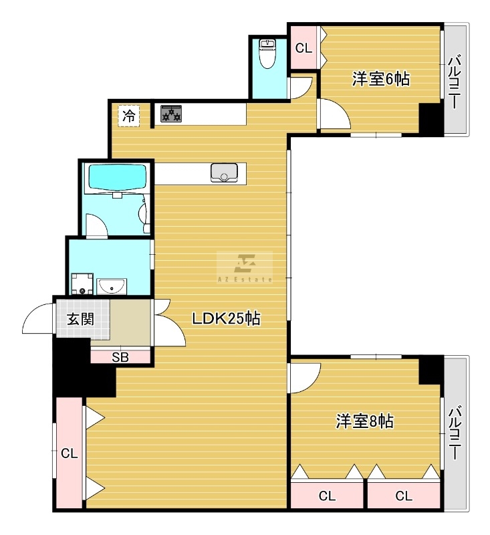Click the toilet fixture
point(267,53)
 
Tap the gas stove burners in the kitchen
point(171,114)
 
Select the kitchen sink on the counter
point(224,173)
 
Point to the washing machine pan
point(82,284)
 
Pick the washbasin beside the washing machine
point(112,286)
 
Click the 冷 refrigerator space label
point(129,116)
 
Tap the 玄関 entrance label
point(80,320)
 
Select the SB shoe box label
point(120,357)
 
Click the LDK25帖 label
point(226,319)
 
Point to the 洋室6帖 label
point(381,79)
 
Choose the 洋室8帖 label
point(364,421)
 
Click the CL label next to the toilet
point(303,48)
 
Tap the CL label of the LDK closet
point(70,453)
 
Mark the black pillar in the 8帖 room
point(431,370)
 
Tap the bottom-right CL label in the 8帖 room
point(404,496)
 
